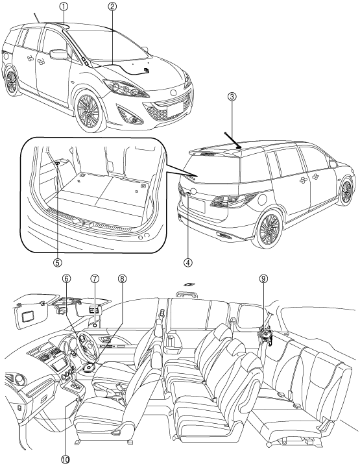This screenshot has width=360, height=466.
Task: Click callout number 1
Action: click(64, 7)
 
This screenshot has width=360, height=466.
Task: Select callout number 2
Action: click(112, 7)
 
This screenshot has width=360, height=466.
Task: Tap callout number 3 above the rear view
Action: click(232, 96)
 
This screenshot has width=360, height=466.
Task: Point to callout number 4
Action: click(187, 262)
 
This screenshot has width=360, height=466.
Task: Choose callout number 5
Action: click(57, 262)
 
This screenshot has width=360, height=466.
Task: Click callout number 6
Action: click(67, 278)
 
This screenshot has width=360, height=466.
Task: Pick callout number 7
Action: click(95, 278)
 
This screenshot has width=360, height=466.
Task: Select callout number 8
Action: click(122, 278)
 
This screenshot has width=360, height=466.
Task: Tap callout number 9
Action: click(263, 278)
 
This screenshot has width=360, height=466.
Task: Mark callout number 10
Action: click(66, 460)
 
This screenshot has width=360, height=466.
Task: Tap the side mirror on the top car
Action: click(59, 54)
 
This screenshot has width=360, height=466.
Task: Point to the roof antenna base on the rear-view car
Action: click(239, 147)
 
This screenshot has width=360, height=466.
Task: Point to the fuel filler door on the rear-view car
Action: click(262, 200)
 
